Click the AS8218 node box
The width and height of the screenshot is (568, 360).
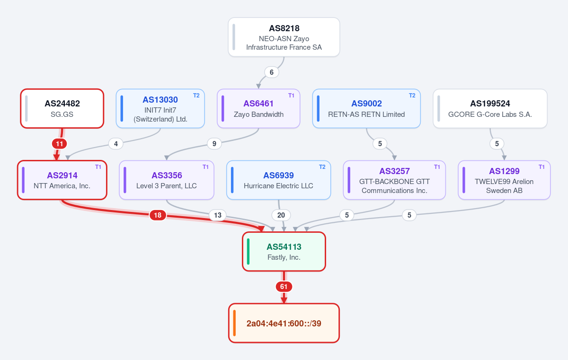point(284,37)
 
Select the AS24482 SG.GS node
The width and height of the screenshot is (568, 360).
point(62,108)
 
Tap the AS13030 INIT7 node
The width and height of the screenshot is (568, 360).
point(160,108)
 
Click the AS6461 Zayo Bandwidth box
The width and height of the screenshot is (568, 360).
point(258,108)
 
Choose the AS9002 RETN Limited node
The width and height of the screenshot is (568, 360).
point(366,108)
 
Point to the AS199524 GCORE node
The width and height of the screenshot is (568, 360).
point(490,108)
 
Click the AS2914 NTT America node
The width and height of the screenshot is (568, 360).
point(62,180)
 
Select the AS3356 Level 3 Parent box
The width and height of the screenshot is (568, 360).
point(167,180)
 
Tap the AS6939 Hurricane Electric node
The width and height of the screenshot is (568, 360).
point(278,180)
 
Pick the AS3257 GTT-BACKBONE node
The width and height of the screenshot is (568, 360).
point(394,180)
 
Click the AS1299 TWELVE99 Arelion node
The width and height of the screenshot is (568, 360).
point(504,180)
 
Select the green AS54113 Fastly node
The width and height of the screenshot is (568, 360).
point(284,251)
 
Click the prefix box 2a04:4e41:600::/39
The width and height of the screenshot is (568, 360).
point(284,323)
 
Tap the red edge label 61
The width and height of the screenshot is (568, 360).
point(284,287)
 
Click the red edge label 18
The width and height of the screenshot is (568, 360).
point(158,215)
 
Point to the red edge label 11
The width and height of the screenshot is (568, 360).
point(59,144)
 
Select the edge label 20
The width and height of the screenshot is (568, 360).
point(281,215)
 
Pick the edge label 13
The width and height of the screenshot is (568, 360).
point(218,215)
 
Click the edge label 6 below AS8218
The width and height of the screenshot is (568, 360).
point(272,72)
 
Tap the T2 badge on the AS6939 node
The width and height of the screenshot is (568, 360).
point(322,167)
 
